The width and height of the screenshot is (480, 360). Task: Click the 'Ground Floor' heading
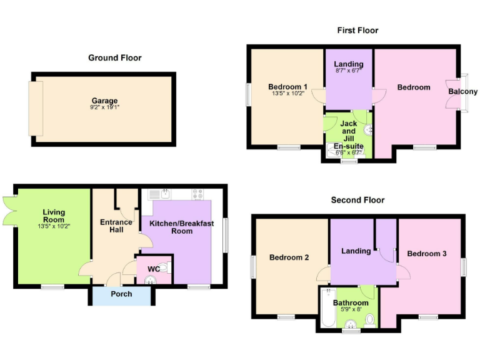(114, 57)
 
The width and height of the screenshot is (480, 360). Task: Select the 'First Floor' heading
(357, 30)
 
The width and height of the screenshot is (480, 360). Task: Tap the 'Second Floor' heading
(357, 200)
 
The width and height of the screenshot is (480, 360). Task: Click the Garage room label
(104, 101)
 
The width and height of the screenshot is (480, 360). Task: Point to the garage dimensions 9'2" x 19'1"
(104, 107)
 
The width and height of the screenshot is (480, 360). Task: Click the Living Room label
(54, 216)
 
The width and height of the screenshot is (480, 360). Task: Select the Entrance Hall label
(116, 226)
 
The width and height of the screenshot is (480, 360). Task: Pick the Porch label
(121, 294)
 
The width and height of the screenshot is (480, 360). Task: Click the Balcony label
(463, 92)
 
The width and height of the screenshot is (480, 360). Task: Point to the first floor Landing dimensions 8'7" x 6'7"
(348, 71)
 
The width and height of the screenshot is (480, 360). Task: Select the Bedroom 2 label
(289, 257)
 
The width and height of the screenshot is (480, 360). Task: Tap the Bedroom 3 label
(426, 253)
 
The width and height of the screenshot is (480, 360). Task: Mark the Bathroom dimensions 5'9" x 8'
(351, 309)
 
